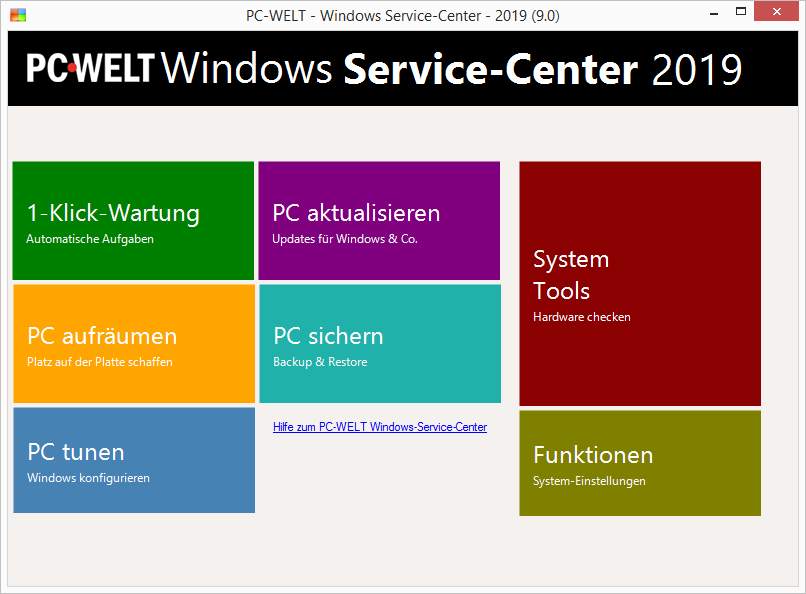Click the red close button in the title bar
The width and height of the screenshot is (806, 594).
pos(776,11)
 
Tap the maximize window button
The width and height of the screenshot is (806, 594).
pos(741,11)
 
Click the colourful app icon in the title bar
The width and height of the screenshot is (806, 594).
pos(18,15)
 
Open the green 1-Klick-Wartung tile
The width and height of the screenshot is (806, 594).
pos(133,220)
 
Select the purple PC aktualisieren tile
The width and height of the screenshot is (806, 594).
pos(379,220)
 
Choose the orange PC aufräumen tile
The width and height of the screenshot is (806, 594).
pos(134,344)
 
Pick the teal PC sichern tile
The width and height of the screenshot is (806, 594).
pos(380,344)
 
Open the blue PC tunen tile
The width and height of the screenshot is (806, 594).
pos(134,460)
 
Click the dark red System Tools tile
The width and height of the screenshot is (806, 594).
pos(640,284)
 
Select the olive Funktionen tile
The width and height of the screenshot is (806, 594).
pos(640,463)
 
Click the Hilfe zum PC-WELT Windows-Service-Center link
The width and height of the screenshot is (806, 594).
pos(380,427)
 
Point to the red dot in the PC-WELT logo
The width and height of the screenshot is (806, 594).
pos(72,67)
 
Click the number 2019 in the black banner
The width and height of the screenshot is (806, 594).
pos(697,69)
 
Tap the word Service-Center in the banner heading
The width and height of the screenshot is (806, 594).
pos(490,69)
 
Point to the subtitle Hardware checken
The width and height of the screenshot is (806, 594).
pos(581,317)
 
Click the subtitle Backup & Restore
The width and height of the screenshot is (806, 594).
pos(320,362)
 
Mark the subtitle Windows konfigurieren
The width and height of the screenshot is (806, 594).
pos(88,478)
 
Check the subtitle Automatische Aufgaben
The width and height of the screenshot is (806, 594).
pos(90,239)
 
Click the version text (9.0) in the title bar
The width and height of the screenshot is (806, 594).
pos(545,16)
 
